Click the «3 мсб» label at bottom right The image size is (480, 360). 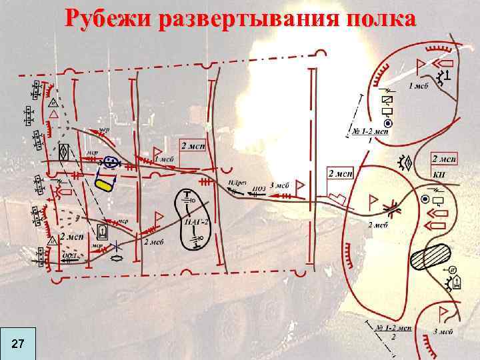coord(442,331)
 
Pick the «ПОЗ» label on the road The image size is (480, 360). coord(259,189)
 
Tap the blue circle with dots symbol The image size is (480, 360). coord(111,162)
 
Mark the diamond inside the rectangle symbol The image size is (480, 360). coord(65,151)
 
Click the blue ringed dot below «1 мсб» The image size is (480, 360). coord(389,123)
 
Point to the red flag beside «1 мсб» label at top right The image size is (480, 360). coord(421,66)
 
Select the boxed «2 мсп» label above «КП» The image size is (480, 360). coord(444,159)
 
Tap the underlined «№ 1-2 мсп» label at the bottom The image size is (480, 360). coord(393,328)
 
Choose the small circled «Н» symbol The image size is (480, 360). coord(451,270)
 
